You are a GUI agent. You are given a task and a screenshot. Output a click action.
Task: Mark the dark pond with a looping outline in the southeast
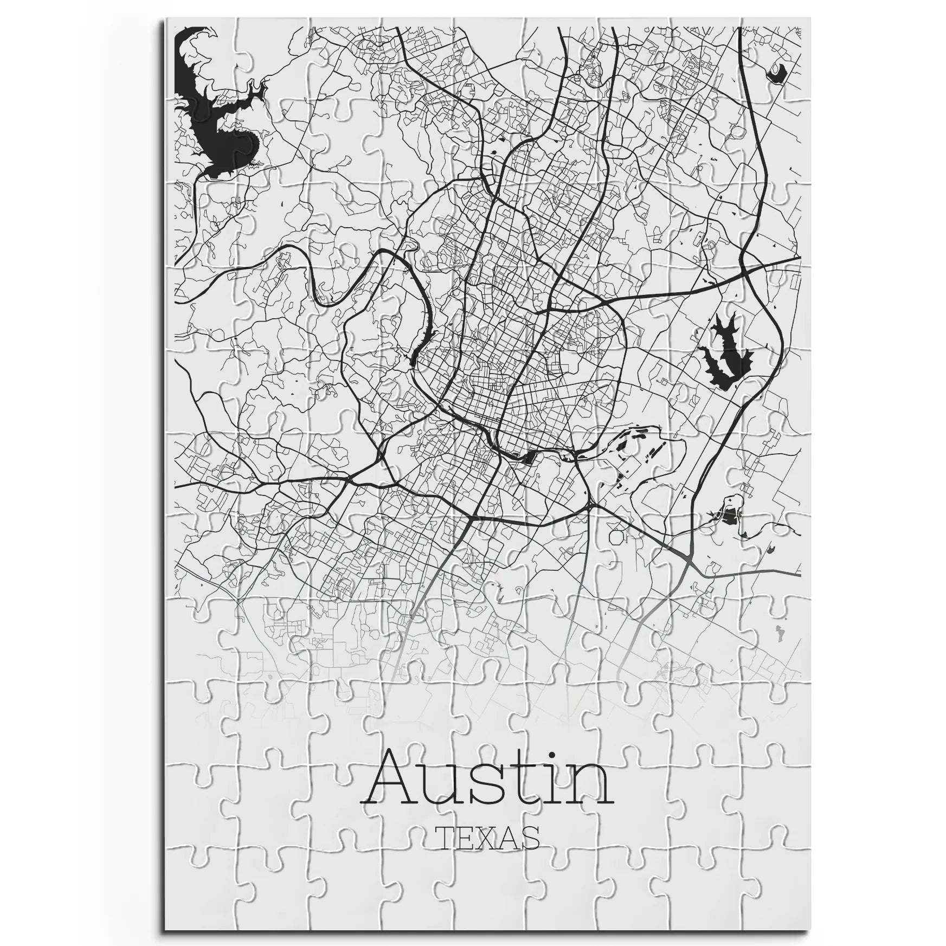tap(729, 514)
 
